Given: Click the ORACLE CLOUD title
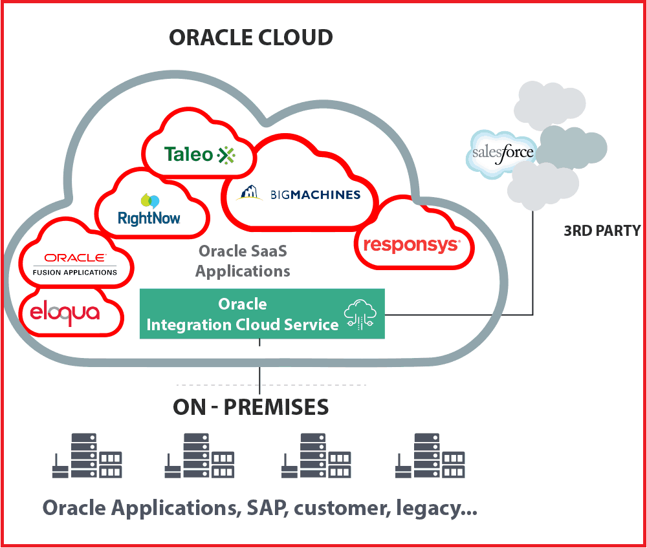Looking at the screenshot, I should point(251,37).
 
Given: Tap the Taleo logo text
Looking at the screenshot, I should point(188,154).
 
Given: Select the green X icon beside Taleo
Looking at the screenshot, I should point(226,154).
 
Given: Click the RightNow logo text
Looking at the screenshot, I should point(149,218).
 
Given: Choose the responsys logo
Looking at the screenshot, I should point(411,245).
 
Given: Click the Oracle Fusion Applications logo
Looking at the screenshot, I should point(75,264).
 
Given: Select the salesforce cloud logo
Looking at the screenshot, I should point(503,153).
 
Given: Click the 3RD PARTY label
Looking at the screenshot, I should point(602,231).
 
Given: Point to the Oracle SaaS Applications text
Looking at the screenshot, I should point(243,260).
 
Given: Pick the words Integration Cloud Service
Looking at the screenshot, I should point(243,324).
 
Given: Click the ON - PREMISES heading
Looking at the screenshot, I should point(251,407).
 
